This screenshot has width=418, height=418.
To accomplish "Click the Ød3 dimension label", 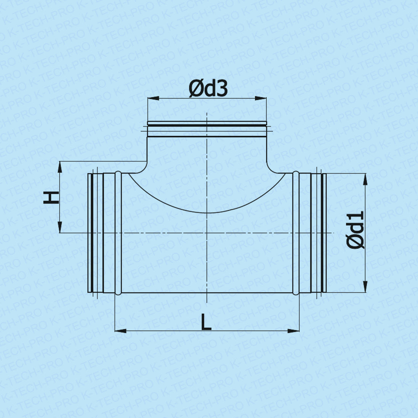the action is pos(208,89).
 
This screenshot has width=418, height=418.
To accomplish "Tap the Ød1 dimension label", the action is pos(355,230).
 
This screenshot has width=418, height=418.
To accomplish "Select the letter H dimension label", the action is pos(51,198).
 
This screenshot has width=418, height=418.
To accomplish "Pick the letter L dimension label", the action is pos(206,322).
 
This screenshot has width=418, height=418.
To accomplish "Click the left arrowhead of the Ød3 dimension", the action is pos(153,98).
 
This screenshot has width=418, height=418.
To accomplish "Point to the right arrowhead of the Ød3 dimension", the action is pos(261,98).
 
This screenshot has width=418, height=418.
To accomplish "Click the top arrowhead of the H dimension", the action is pos(60,167).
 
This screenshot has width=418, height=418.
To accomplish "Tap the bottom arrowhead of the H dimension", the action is pos(60,227).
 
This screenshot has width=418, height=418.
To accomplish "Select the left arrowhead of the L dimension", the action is pos(121,331).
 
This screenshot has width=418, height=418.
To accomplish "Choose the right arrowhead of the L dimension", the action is pos(294,331).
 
